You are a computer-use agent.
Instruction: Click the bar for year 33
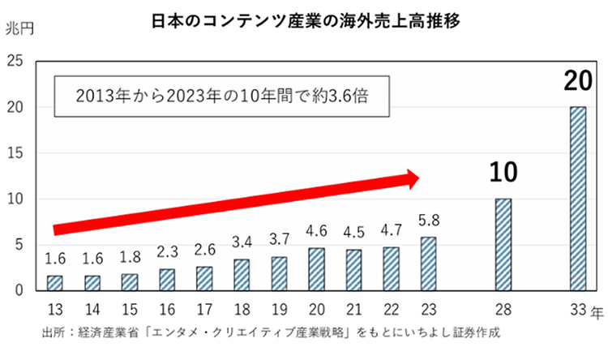576,199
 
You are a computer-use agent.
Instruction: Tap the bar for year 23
429,264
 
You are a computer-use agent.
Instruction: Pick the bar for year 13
54,283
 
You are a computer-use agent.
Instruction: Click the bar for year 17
204,279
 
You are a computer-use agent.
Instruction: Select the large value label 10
503,172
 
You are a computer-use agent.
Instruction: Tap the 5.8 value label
429,221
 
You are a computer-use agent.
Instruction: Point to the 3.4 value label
242,243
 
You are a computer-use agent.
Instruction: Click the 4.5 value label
354,232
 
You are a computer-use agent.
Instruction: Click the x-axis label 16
167,308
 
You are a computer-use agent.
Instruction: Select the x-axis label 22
392,308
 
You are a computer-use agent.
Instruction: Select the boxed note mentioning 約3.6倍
219,100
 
